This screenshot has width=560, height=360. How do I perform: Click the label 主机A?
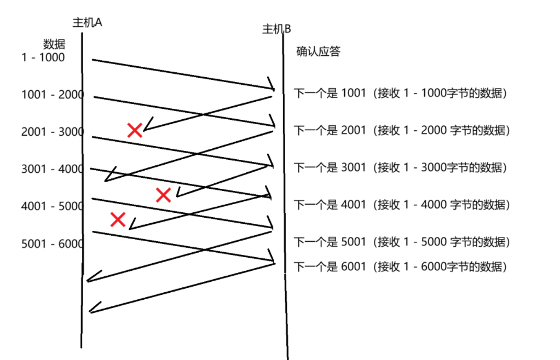click(88, 22)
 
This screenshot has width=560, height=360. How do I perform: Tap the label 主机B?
click(276, 29)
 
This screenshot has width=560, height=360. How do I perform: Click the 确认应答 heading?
click(318, 51)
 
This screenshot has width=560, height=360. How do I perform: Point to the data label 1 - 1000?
click(43, 57)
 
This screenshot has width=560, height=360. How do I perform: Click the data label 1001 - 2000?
click(53, 95)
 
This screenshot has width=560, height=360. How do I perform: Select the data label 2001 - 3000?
click(53, 132)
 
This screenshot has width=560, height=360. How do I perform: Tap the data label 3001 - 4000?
click(53, 169)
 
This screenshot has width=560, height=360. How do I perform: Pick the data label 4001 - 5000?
click(53, 206)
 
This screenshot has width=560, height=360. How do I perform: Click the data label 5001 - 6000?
click(53, 243)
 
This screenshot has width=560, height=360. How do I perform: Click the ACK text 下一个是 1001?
click(330, 93)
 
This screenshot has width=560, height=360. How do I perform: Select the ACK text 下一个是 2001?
click(330, 130)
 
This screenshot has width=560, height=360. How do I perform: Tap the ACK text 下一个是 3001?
click(330, 167)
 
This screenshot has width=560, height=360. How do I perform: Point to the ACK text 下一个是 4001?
click(330, 205)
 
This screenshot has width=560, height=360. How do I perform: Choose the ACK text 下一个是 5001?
click(330, 242)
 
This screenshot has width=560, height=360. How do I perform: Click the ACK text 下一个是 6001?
click(330, 267)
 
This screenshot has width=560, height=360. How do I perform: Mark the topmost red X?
click(135, 130)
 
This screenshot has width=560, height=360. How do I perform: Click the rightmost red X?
click(163, 195)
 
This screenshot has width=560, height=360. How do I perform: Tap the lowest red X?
click(118, 219)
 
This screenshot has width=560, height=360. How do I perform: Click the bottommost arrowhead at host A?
click(92, 309)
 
